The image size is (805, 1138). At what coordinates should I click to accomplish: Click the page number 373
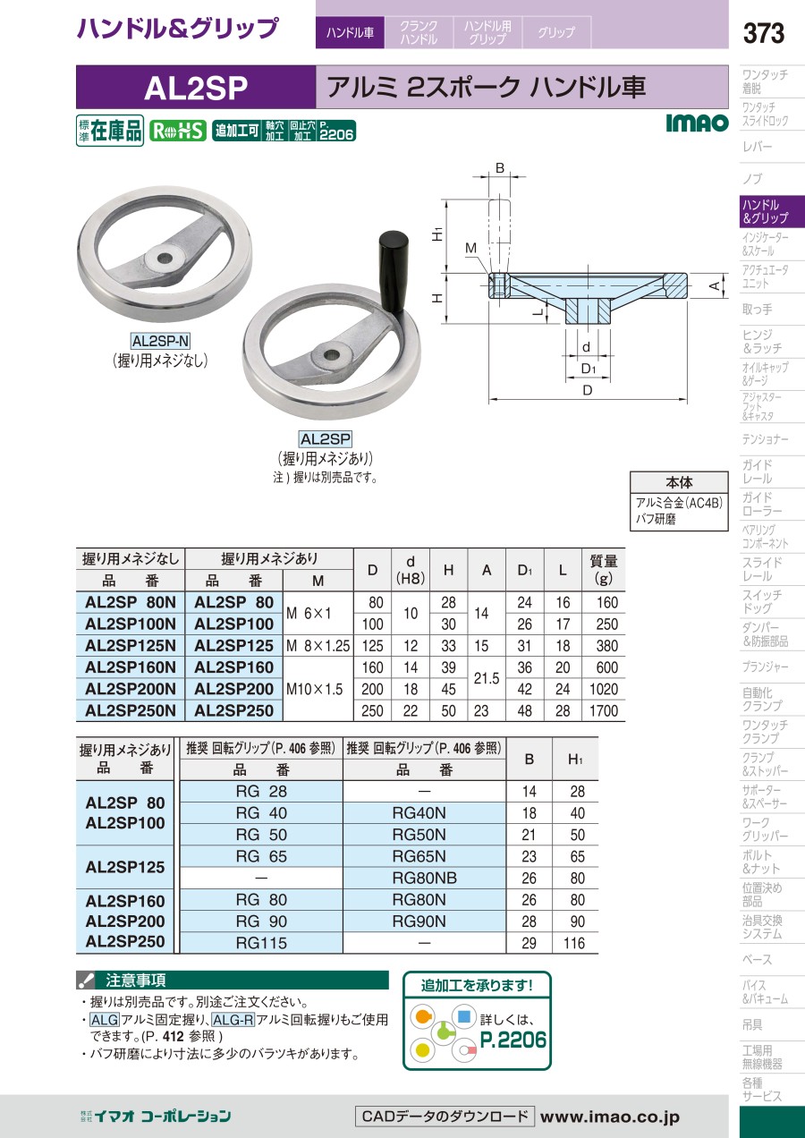click(763, 33)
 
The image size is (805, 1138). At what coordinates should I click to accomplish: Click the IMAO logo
click(697, 123)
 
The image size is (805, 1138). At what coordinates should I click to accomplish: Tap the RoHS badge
click(178, 131)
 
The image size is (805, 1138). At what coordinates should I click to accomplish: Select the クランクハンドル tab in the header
click(419, 32)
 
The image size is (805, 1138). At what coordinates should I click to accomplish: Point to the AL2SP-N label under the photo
click(160, 340)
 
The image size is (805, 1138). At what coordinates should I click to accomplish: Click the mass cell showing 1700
click(604, 710)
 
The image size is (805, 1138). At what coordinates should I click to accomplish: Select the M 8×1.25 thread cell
click(318, 646)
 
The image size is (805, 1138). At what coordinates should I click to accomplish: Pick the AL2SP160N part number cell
click(131, 667)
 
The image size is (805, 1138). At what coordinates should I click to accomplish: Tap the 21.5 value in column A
click(487, 678)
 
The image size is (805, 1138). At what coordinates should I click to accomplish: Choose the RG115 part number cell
click(261, 944)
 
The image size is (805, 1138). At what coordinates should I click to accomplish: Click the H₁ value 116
click(574, 944)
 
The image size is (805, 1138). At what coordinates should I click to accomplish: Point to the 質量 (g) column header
click(604, 570)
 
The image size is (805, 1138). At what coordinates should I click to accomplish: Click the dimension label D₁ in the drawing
click(589, 369)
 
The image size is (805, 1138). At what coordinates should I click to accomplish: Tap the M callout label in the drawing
click(470, 248)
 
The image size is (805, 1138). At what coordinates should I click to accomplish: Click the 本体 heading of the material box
click(679, 481)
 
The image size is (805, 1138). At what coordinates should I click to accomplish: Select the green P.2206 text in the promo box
click(513, 1040)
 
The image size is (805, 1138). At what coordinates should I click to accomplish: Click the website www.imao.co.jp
click(610, 1117)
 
